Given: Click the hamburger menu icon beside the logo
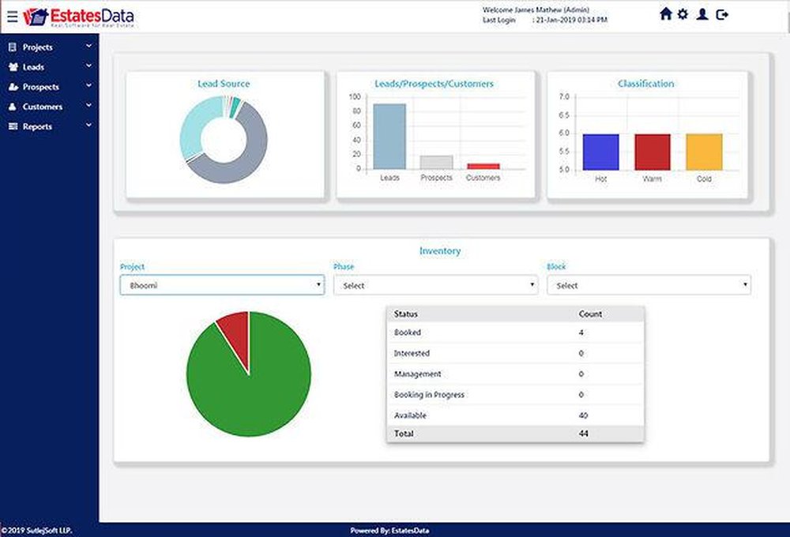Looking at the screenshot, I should click(11, 15).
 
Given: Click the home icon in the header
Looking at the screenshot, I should click(665, 14).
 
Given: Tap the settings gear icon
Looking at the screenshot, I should click(683, 14).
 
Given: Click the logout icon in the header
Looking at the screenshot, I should click(722, 14).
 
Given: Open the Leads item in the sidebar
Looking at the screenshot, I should click(33, 67).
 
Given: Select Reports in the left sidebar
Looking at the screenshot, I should click(37, 126).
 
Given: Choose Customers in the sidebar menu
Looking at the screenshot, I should click(42, 107).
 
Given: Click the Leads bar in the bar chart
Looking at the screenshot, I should click(389, 136).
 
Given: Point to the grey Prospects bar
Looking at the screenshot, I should click(436, 162).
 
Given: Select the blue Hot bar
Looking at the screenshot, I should click(600, 152).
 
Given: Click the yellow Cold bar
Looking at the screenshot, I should click(704, 152).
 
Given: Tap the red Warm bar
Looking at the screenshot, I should click(653, 152).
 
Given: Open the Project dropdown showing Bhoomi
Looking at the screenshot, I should click(222, 285).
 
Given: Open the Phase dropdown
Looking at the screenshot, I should click(435, 285).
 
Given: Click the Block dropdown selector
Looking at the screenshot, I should click(649, 285).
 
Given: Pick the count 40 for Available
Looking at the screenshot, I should click(583, 415).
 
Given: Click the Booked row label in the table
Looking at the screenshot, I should click(408, 332).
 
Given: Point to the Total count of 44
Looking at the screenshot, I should click(583, 434).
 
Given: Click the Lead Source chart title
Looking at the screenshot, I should click(224, 84).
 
